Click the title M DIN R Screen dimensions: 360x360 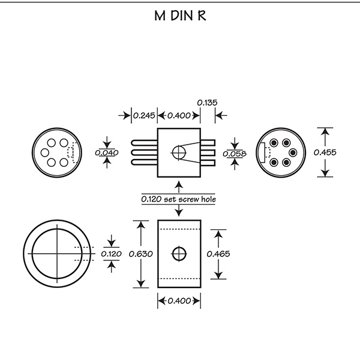pyautogui.click(x=180, y=16)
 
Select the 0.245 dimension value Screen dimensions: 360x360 pyautogui.click(x=144, y=115)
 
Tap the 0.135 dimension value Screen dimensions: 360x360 pyautogui.click(x=208, y=103)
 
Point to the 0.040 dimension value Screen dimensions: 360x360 pyautogui.click(x=107, y=152)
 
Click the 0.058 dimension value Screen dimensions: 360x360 pyautogui.click(x=235, y=154)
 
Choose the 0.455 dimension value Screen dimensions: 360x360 pyautogui.click(x=325, y=152)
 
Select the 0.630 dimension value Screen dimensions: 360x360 pyautogui.click(x=141, y=254)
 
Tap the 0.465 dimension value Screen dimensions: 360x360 pyautogui.click(x=218, y=254)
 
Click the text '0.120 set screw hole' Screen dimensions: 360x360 pyautogui.click(x=179, y=199)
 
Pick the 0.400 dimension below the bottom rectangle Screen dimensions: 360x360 pyautogui.click(x=179, y=301)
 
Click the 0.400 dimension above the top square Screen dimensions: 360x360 pyautogui.click(x=179, y=115)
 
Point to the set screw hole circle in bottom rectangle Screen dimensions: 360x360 pyautogui.click(x=179, y=254)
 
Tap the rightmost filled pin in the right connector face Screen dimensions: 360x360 pyautogui.click(x=293, y=152)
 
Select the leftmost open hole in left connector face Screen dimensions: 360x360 pyautogui.click(x=45, y=152)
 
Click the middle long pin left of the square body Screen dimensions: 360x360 pyautogui.click(x=145, y=152)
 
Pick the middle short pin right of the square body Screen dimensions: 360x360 pyautogui.click(x=208, y=152)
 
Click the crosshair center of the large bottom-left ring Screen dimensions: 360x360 pyautogui.click(x=57, y=254)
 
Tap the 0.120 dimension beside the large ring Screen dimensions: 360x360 pyautogui.click(x=112, y=254)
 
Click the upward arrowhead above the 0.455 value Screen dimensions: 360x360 pyautogui.click(x=325, y=132)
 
